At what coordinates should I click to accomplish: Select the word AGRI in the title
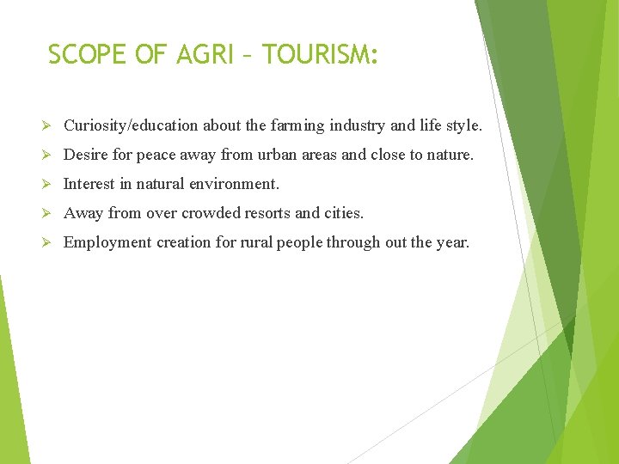[x=204, y=55]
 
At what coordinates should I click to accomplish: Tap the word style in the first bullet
[x=463, y=126]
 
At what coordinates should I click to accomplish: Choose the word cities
[x=344, y=214]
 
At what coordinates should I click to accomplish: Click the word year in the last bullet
[x=452, y=243]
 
